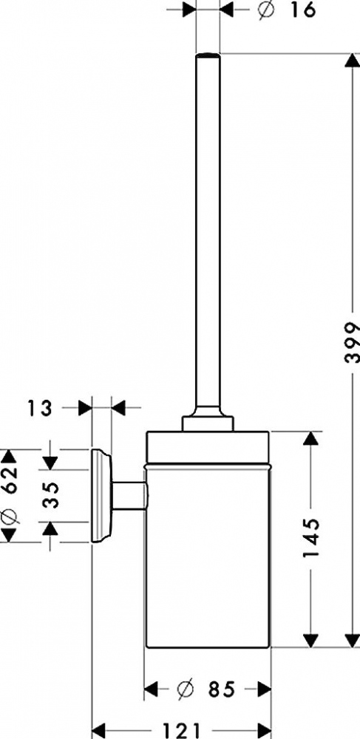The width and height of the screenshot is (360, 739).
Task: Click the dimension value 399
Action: pos(352,342)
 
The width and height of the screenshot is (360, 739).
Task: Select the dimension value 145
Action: pos(311,538)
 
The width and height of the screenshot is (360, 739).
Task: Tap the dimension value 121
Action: pos(182,731)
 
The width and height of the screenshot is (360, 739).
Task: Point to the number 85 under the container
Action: pos(221,690)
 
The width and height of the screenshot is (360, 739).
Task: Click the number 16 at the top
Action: pos(302,9)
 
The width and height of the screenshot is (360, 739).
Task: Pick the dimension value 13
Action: pos(39,408)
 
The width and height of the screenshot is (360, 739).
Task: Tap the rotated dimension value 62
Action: pos(10,480)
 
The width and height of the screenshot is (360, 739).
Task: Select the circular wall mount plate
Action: pos(101,496)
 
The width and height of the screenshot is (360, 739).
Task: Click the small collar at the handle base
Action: pos(208,422)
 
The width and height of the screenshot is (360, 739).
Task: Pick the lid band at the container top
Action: pos(208,448)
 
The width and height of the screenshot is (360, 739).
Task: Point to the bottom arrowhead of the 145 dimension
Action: pos(310,640)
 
